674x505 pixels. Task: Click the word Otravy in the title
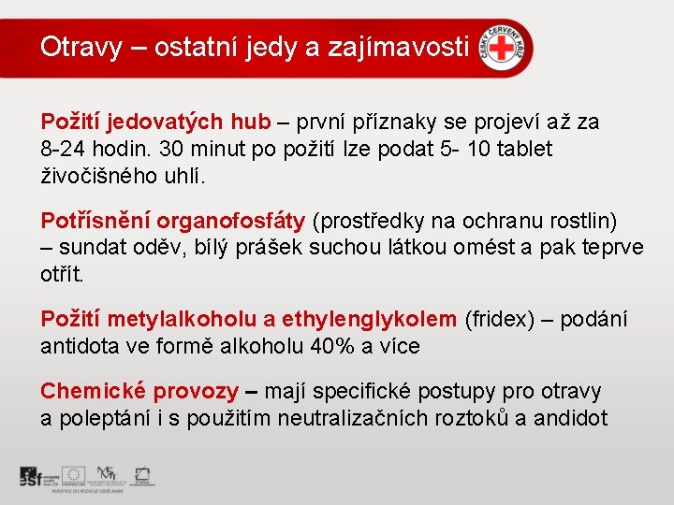(x=81, y=47)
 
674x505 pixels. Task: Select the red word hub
(x=250, y=123)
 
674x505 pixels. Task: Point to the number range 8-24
(x=66, y=149)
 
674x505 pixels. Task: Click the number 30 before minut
(x=171, y=149)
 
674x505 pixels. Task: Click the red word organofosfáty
(x=231, y=222)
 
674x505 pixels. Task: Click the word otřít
(x=61, y=275)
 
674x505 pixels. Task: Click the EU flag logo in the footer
(x=76, y=474)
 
